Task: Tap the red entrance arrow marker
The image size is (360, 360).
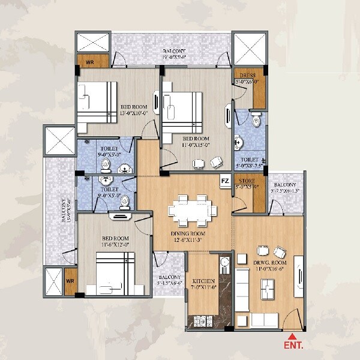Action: [292, 336]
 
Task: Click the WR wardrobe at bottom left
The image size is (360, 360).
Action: [70, 281]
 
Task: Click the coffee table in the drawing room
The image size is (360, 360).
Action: [266, 292]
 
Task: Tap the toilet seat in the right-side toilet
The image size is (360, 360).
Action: [257, 120]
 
